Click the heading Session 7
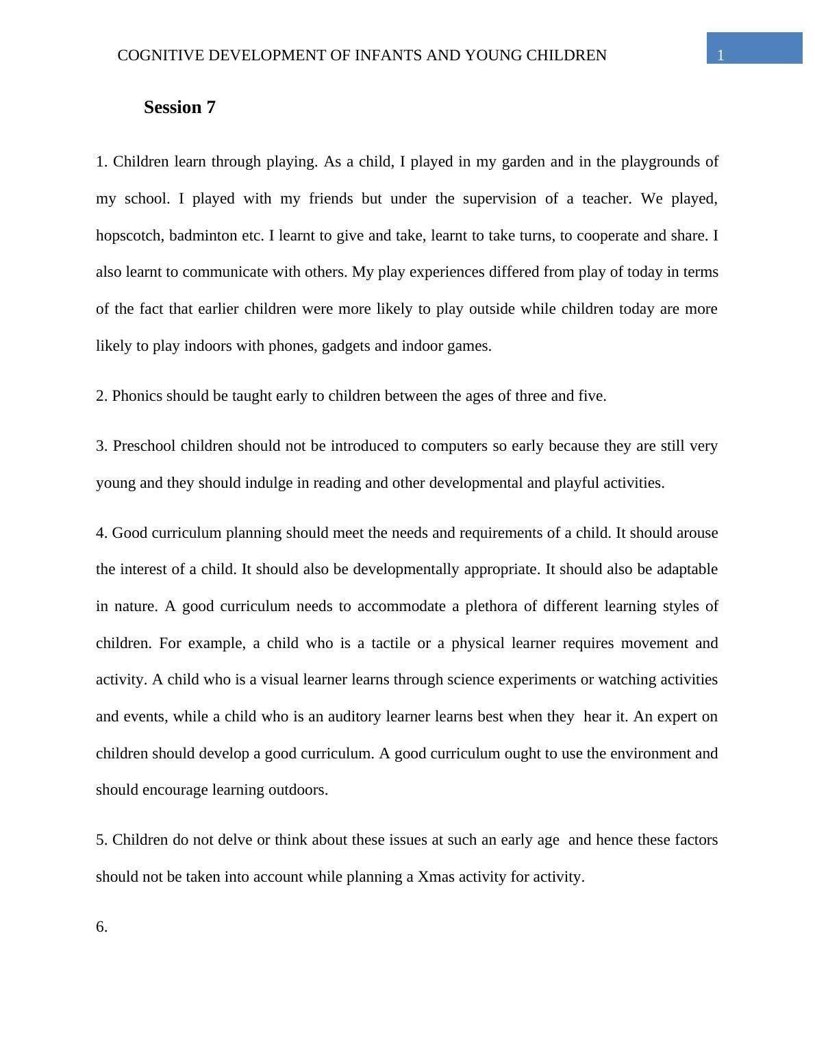click(179, 108)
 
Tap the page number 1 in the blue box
click(720, 56)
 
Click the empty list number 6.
click(101, 927)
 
